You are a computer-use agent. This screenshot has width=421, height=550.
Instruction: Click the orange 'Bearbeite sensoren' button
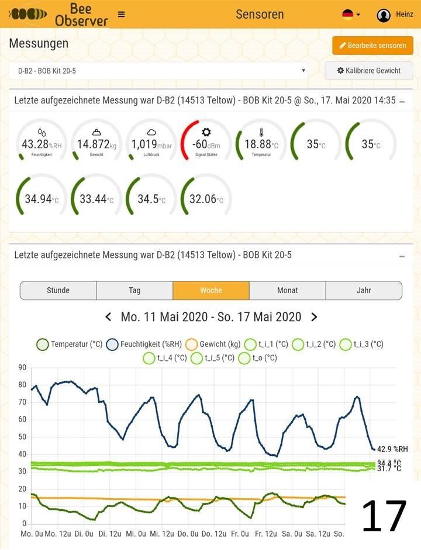372,46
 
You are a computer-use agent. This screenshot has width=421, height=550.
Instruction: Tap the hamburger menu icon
121,15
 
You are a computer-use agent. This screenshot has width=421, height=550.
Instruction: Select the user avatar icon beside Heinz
384,15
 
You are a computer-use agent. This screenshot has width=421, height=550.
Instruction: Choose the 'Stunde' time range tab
58,290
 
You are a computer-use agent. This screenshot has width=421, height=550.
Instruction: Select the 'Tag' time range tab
134,290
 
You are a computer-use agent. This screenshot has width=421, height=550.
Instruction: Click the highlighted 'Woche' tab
211,290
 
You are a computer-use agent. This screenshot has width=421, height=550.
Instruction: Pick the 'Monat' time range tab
287,290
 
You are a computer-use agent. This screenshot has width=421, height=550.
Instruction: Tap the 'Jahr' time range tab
364,290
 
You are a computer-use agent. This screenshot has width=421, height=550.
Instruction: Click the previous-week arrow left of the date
108,317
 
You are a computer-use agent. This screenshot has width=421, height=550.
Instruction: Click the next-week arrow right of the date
314,317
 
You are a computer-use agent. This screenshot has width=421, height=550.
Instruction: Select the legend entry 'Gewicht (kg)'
213,344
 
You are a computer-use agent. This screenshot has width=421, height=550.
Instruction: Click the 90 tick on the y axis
22,367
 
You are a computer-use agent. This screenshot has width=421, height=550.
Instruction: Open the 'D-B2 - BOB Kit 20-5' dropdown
158,71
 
